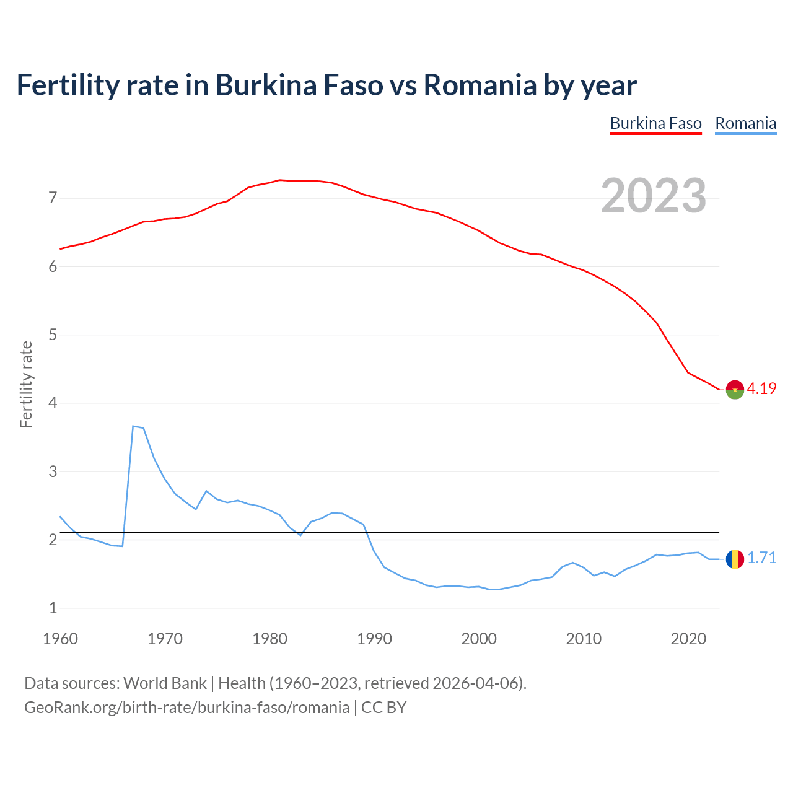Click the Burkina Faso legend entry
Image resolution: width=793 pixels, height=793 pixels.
[655, 123]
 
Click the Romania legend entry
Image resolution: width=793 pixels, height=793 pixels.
[745, 123]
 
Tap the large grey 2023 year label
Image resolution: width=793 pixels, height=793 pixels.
[654, 196]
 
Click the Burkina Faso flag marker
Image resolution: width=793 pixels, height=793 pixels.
[735, 389]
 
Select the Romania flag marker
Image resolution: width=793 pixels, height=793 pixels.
[735, 559]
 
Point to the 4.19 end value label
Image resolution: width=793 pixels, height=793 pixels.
[761, 388]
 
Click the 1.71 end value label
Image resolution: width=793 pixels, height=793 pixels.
[761, 558]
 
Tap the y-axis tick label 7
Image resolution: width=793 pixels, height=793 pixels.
[53, 198]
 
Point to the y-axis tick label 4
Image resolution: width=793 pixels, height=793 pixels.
[53, 403]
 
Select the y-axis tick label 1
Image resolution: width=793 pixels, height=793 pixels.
[53, 608]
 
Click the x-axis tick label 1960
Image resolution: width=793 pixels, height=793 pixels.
[60, 639]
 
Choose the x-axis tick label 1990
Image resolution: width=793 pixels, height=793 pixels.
[374, 639]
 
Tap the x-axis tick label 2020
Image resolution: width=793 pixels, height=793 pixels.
[688, 639]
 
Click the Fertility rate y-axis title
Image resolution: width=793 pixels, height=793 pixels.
[26, 384]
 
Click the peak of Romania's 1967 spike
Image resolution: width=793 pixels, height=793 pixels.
[133, 426]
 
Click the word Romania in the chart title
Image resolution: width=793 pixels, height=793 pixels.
[480, 85]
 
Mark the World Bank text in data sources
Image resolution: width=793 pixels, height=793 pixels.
[165, 683]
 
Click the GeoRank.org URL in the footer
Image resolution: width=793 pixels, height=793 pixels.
[186, 708]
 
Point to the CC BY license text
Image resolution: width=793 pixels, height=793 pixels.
[383, 708]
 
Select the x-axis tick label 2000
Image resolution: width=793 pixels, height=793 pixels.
[479, 639]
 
